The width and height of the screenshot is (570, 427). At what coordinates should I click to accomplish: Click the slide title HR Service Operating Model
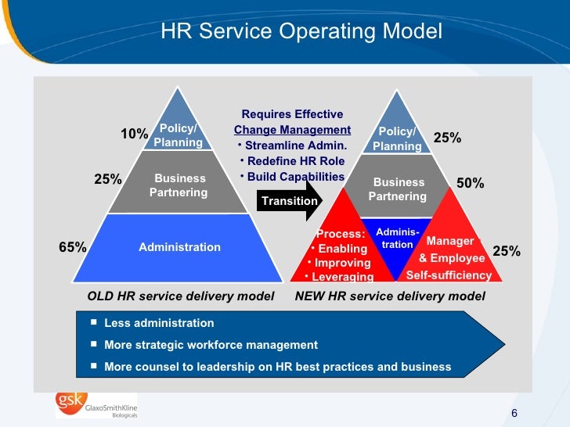point(301,31)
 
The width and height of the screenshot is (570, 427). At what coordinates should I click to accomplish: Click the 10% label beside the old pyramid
point(134,135)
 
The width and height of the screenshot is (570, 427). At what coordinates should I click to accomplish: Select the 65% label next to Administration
point(72,247)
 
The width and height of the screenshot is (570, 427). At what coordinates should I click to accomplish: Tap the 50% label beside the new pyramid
point(470,183)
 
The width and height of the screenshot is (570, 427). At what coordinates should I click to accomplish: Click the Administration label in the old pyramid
point(179,247)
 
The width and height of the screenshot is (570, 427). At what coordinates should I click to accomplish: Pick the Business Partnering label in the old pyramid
point(179,185)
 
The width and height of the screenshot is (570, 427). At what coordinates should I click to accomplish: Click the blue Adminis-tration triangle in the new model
point(398,239)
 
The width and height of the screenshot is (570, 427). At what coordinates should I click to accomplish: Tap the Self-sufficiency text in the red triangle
point(449,275)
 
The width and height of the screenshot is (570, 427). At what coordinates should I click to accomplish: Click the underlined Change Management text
point(292,130)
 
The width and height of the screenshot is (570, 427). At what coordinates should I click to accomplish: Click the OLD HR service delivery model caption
point(181,296)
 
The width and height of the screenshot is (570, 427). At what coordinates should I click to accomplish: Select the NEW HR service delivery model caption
point(390,296)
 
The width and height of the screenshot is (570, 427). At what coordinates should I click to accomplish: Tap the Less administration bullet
point(158,323)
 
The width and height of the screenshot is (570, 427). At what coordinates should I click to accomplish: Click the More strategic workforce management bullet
point(211,345)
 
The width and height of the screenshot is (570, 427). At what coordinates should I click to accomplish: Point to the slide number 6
point(514,414)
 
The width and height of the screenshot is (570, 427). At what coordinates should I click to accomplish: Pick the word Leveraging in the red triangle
point(342,277)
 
